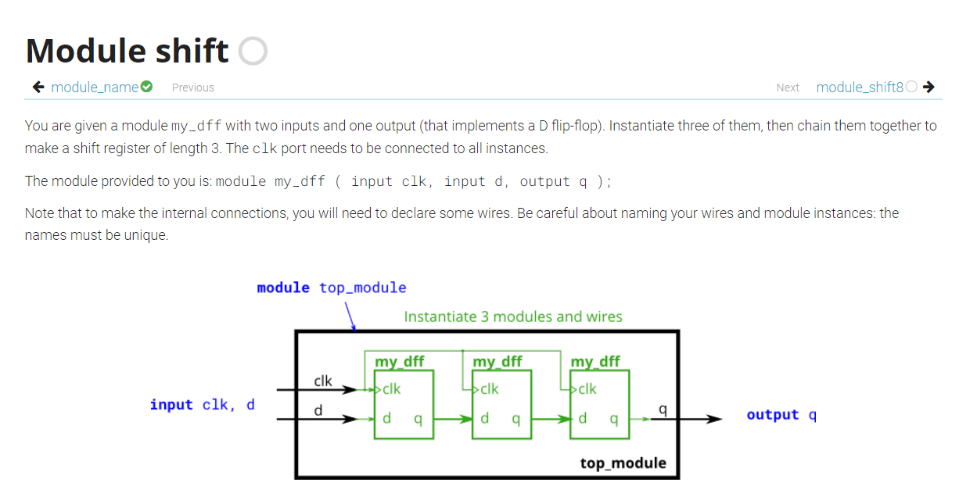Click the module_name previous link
[95, 87]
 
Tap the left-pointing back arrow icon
[38, 87]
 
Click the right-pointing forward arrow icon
[929, 87]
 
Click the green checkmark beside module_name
[146, 87]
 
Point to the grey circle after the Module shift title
[253, 52]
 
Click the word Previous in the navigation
[193, 88]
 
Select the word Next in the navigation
[788, 88]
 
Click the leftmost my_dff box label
[400, 361]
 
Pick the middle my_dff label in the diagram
[497, 361]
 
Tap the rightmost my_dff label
[595, 361]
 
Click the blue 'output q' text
[781, 415]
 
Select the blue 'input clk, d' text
[202, 405]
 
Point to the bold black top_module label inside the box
[623, 463]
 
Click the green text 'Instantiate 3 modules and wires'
[513, 316]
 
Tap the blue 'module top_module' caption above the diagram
[332, 288]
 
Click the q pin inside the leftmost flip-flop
[418, 420]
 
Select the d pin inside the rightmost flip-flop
[583, 419]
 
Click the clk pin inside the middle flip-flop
[490, 388]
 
